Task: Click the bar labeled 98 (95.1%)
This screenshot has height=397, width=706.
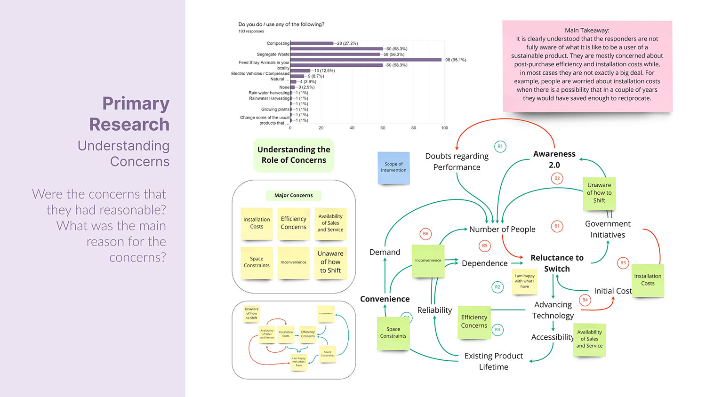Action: point(366,60)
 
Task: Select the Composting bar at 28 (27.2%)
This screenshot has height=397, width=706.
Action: point(312,43)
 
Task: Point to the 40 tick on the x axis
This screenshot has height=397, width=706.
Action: point(352,128)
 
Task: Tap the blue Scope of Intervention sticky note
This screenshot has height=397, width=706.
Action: point(393,167)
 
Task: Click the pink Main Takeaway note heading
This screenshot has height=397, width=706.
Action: point(587,30)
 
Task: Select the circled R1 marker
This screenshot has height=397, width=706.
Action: point(500,146)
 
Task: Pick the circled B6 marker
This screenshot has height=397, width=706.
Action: point(425,233)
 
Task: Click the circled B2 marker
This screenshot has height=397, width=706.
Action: point(557,178)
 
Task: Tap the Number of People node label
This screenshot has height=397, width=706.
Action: point(502,229)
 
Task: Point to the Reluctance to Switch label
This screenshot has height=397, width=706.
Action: point(557,263)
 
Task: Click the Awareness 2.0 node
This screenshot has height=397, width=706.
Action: point(554,159)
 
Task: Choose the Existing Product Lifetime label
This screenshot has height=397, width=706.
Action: point(493,361)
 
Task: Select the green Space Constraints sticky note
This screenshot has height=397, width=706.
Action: point(393,333)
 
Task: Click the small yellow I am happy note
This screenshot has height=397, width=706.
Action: point(524,281)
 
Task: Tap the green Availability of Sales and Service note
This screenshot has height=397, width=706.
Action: point(589,339)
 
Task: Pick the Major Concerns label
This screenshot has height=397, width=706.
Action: point(293,195)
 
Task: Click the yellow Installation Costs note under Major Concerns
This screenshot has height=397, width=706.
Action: point(257,223)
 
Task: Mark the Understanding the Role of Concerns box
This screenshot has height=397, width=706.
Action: point(294,155)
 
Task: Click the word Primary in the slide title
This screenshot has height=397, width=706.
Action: point(136,103)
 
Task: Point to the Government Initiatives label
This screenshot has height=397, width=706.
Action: point(608,229)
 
